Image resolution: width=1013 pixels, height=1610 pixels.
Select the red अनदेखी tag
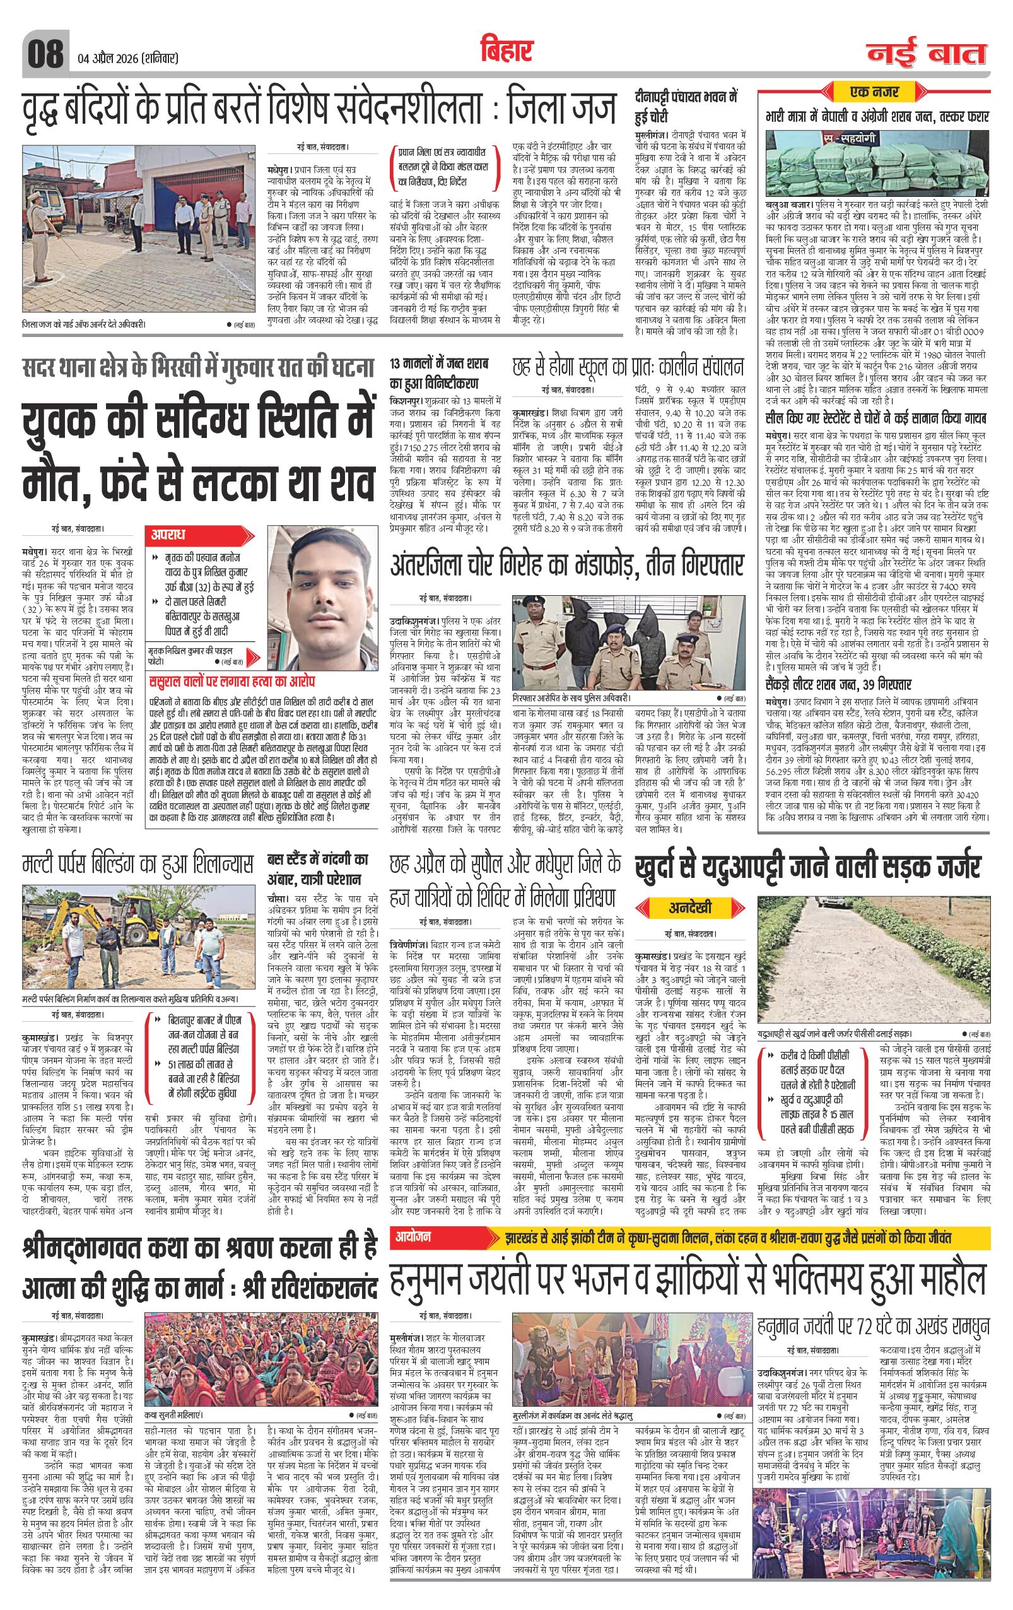pos(690,908)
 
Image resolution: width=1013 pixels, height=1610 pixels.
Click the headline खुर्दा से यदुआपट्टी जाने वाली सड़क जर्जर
pos(807,868)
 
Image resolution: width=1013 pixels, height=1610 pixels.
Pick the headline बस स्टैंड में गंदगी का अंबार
pos(318,868)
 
